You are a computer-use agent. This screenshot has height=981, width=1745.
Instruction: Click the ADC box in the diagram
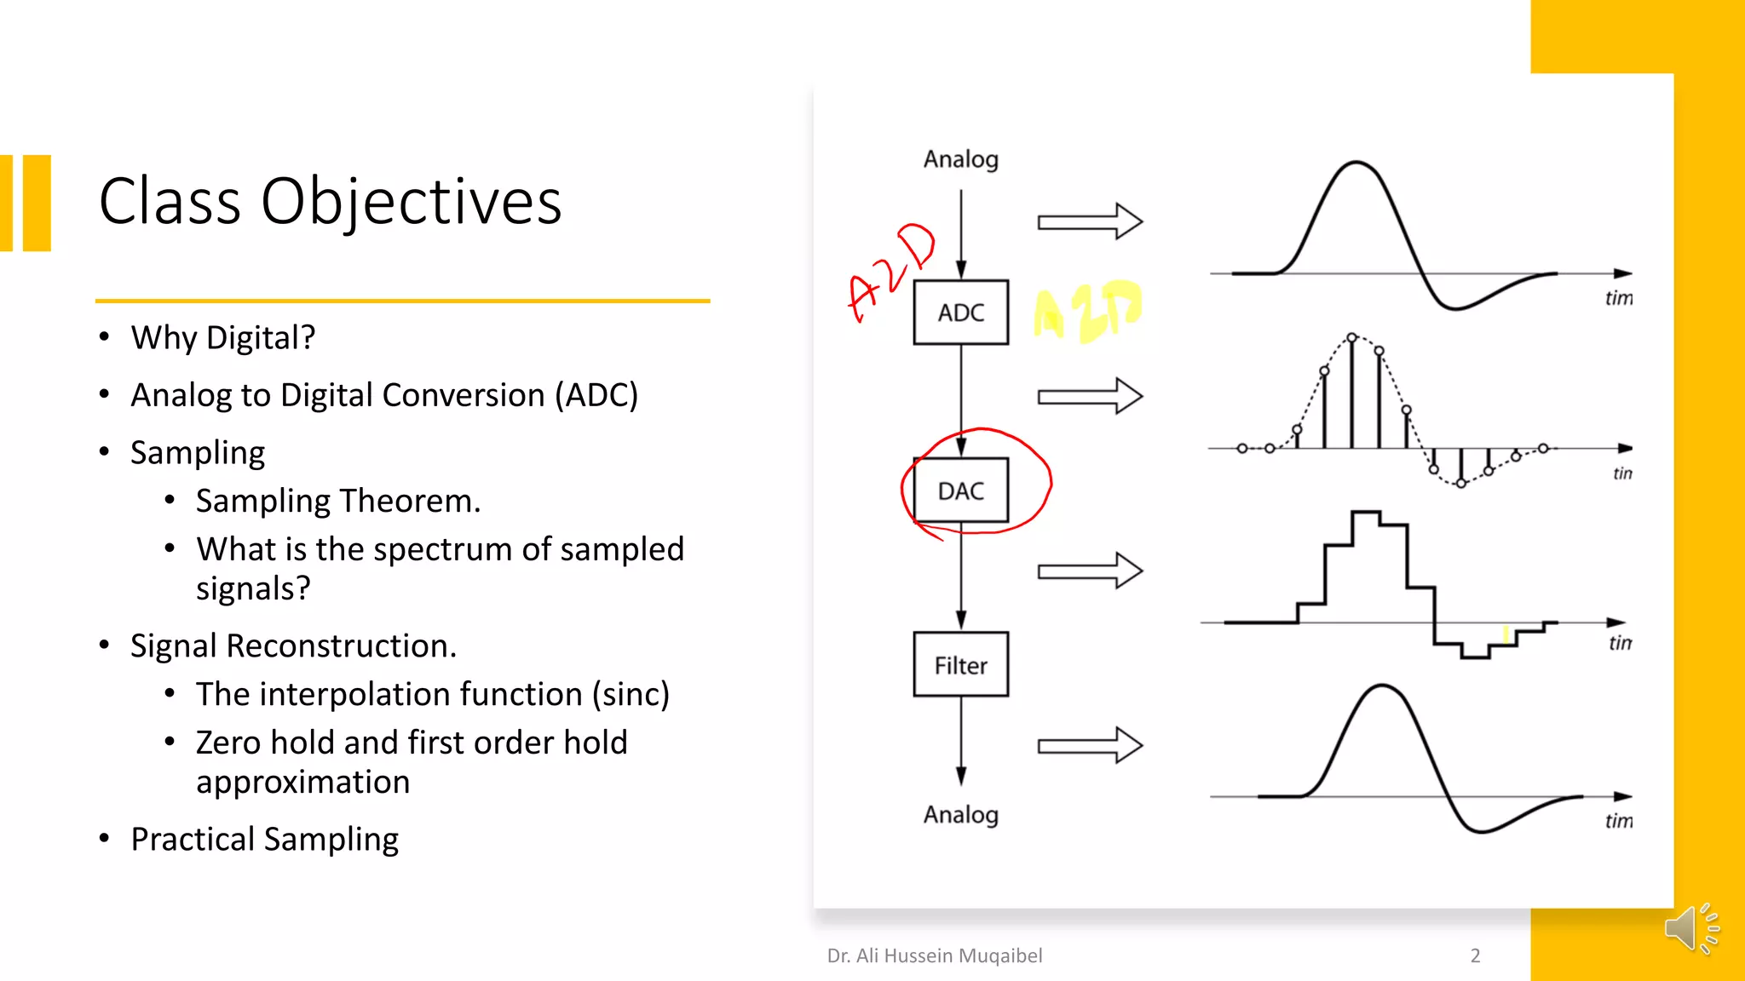[960, 313]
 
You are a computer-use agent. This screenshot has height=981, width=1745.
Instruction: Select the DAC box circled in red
[960, 490]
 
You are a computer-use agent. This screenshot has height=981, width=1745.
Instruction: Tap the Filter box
[960, 665]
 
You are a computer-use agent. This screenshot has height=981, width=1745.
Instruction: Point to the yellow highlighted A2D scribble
[1086, 311]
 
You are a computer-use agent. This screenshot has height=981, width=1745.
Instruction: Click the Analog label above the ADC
[960, 159]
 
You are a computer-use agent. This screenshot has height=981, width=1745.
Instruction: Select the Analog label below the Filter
[960, 815]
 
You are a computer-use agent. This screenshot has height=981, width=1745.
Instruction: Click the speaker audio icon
[1690, 927]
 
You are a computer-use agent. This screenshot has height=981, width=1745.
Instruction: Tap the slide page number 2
[1475, 955]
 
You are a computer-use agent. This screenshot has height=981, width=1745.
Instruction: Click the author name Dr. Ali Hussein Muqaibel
[934, 955]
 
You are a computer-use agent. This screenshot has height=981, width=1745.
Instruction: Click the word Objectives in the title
[411, 203]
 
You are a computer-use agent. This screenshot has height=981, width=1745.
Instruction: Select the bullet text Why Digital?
[222, 338]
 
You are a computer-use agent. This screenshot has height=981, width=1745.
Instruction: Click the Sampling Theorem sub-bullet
[337, 501]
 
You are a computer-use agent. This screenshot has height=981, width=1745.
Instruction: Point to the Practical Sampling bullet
[264, 840]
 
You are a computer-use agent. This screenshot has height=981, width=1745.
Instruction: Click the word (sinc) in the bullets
[631, 695]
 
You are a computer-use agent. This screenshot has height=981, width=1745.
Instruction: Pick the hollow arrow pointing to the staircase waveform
[1089, 571]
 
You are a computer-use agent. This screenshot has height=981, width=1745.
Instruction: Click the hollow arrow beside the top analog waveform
[1089, 221]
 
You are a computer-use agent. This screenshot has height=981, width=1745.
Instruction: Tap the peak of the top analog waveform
[1356, 163]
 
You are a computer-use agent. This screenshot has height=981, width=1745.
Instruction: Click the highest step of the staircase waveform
[1366, 513]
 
